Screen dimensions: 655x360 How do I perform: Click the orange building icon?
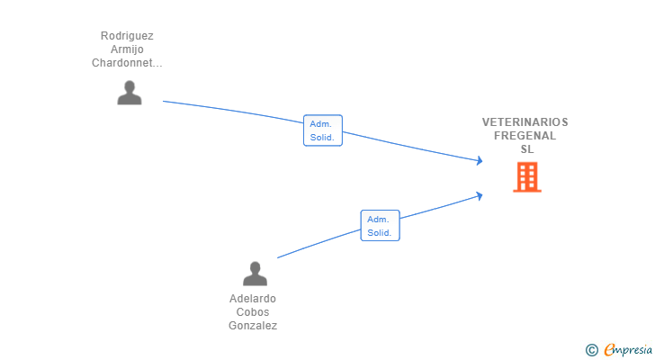[x=526, y=177]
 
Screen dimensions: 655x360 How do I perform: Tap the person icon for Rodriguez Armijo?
[x=130, y=93]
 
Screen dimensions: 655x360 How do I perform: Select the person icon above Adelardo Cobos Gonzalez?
[x=256, y=274]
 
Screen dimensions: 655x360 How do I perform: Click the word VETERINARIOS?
[x=525, y=122]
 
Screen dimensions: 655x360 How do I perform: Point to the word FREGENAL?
[x=525, y=136]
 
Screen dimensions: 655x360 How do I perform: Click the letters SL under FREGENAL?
[x=526, y=149]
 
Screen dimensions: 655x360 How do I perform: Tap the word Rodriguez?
[x=127, y=36]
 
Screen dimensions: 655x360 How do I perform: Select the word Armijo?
[x=127, y=49]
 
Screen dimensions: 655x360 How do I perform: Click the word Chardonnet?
[x=127, y=63]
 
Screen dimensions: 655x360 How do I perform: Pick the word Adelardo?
[x=253, y=299]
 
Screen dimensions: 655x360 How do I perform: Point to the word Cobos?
[x=253, y=312]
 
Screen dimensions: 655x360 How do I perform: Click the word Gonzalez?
[x=253, y=326]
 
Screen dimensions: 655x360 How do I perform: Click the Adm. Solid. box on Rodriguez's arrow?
[x=323, y=130]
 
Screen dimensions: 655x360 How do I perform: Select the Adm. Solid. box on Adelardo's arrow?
[x=380, y=225]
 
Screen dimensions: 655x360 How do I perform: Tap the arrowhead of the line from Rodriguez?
[x=480, y=161]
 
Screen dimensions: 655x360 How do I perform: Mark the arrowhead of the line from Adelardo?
[x=480, y=193]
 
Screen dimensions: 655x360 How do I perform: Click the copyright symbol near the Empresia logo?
[x=592, y=350]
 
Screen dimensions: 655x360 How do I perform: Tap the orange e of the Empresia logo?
[x=609, y=350]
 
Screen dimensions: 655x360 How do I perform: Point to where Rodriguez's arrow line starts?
[x=164, y=101]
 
